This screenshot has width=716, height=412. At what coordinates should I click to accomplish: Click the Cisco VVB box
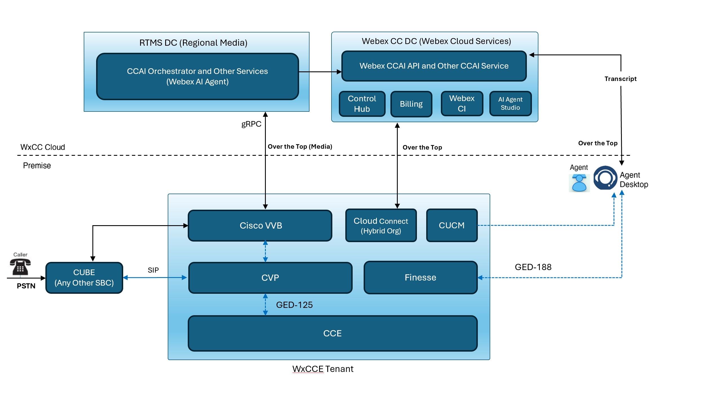point(260,225)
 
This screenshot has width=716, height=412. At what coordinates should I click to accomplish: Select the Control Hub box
point(362,104)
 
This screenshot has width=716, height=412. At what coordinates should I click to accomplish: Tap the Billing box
point(411,104)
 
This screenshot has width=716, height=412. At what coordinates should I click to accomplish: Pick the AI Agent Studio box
point(511,104)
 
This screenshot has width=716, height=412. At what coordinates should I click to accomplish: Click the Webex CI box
point(462,104)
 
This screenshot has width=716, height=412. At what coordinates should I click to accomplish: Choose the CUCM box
point(452,225)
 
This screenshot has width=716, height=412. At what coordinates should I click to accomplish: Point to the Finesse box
point(421,278)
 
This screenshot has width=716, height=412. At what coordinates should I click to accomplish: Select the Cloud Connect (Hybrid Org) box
point(381,225)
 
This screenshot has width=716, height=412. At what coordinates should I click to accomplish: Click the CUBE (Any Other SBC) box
point(84,278)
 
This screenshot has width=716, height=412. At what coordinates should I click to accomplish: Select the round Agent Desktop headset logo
point(605,178)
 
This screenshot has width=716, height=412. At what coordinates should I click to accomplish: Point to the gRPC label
point(251,124)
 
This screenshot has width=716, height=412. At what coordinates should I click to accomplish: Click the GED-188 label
point(533,267)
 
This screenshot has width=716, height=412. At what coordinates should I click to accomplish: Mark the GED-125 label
point(294,305)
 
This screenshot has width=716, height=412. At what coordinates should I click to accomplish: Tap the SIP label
point(153,270)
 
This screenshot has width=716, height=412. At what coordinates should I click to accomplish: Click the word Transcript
point(620,79)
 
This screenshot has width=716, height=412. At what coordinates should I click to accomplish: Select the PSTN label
point(26,286)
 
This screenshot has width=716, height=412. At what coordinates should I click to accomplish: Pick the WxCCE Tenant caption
point(323,369)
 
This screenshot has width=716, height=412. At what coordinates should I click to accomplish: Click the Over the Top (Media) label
point(300,146)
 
